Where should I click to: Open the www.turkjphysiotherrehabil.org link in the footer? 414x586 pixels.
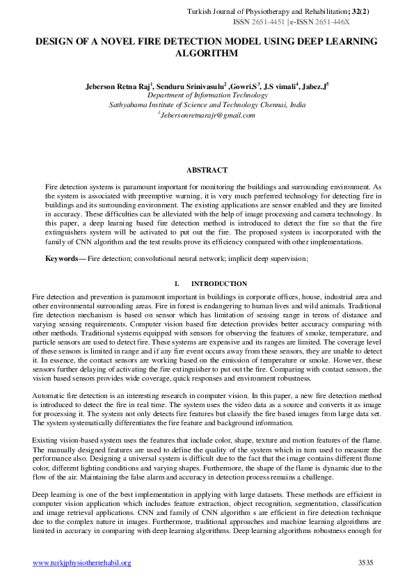(82, 562)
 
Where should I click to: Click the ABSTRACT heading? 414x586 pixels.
(207, 170)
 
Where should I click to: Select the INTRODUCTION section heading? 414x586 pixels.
(218, 284)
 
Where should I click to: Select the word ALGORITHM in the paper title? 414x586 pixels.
(207, 53)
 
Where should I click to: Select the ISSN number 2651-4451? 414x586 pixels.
(269, 22)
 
